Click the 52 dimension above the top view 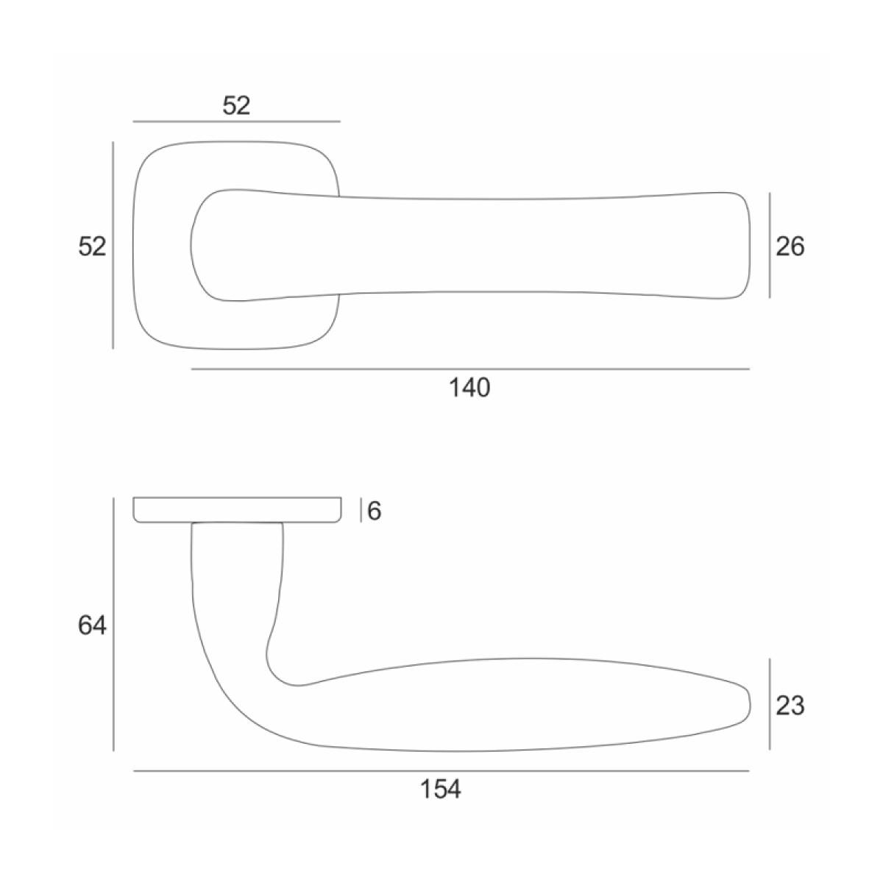click(x=236, y=106)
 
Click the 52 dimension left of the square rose click(x=92, y=247)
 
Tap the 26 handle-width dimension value click(x=790, y=247)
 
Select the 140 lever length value click(x=469, y=388)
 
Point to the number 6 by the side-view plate click(x=374, y=511)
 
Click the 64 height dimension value click(x=92, y=625)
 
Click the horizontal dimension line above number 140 click(x=470, y=369)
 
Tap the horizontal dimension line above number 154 click(x=441, y=770)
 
